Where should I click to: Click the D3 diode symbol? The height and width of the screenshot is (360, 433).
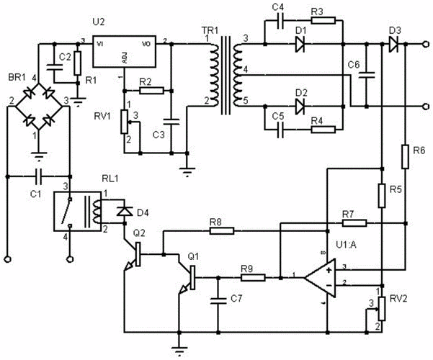[393, 45]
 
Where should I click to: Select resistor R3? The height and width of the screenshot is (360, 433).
[321, 20]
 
